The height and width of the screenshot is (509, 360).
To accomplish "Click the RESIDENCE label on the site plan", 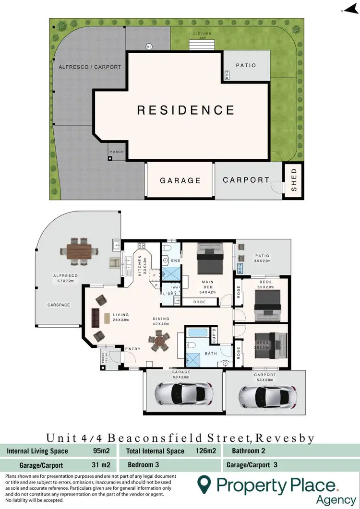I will pos(186,110).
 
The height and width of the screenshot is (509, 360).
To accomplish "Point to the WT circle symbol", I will pos(149,47).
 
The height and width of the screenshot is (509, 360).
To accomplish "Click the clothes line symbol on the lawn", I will pos(202,45).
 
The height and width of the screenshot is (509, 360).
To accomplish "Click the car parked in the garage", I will pos(183,393).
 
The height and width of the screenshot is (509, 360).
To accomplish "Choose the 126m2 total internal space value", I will pos(205,451).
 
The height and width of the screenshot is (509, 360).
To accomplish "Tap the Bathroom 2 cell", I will pos(248,451).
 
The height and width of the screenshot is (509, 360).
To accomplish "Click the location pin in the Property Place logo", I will pos(205,485).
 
